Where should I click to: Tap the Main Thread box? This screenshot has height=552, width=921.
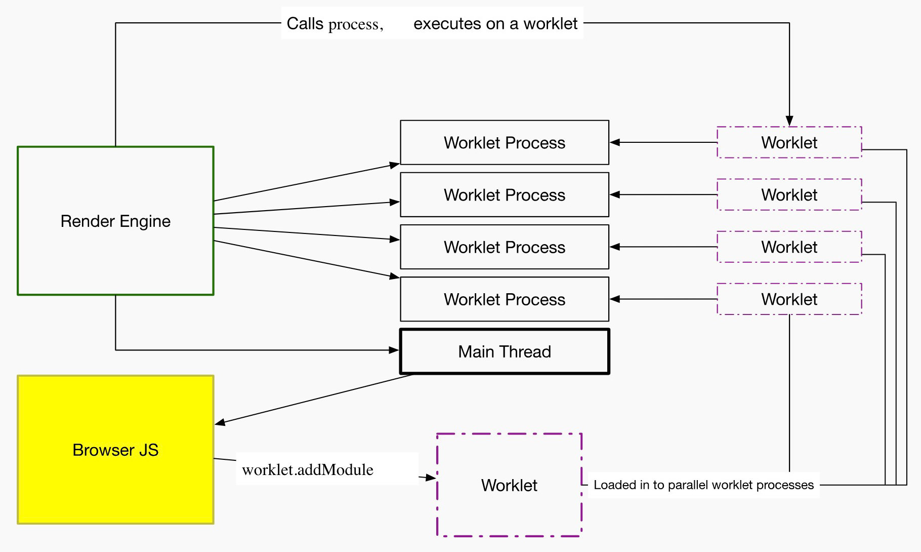click(x=505, y=351)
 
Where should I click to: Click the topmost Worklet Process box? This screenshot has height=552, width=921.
click(x=505, y=142)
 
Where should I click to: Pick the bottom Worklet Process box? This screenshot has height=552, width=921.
click(x=505, y=299)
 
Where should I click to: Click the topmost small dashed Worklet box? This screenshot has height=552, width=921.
click(x=789, y=142)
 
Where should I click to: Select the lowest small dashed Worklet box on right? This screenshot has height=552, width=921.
click(x=789, y=299)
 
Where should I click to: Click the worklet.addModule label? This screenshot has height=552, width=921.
click(x=308, y=469)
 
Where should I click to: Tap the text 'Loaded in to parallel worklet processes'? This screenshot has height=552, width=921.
click(x=703, y=485)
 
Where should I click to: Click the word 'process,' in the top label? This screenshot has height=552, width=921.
click(x=356, y=24)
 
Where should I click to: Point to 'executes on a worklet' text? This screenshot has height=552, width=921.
click(x=495, y=23)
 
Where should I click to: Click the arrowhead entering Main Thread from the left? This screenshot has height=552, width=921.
click(x=394, y=350)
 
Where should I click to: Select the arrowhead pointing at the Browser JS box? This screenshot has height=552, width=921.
click(x=220, y=422)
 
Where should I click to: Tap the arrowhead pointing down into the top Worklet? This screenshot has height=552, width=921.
click(x=789, y=121)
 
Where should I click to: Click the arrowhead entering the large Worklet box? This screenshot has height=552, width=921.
click(x=431, y=478)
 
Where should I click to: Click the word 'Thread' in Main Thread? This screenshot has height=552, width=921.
click(x=527, y=351)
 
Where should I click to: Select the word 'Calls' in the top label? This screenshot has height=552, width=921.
click(x=305, y=23)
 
